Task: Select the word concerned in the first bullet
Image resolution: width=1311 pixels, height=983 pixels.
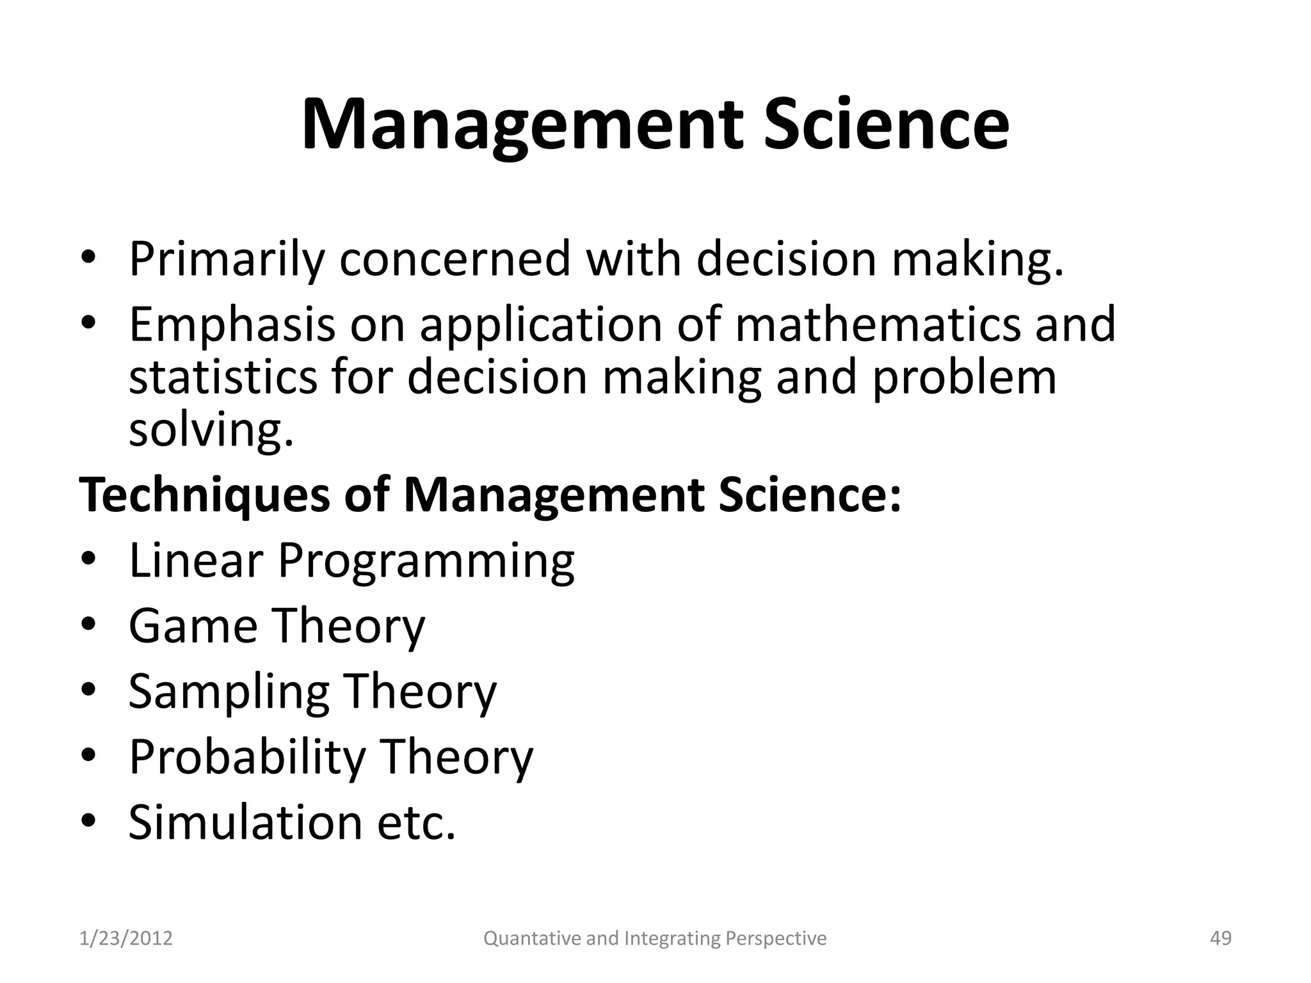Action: pyautogui.click(x=454, y=259)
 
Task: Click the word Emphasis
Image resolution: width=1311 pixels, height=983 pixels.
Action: pyautogui.click(x=232, y=325)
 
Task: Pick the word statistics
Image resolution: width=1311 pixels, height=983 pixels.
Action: pyautogui.click(x=223, y=377)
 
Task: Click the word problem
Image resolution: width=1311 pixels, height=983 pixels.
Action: pyautogui.click(x=964, y=378)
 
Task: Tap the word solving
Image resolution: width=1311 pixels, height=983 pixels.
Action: pyautogui.click(x=211, y=430)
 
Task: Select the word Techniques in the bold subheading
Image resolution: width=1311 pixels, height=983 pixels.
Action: pyautogui.click(x=204, y=496)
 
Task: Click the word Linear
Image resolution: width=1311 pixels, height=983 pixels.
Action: pyautogui.click(x=196, y=561)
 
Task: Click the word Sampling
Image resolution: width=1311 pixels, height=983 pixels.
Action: pyautogui.click(x=229, y=692)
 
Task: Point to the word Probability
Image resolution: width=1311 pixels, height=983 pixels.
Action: pyautogui.click(x=247, y=758)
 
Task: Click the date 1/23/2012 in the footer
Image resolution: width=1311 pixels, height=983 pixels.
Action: pyautogui.click(x=126, y=938)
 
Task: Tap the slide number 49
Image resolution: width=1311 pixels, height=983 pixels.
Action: pyautogui.click(x=1221, y=938)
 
